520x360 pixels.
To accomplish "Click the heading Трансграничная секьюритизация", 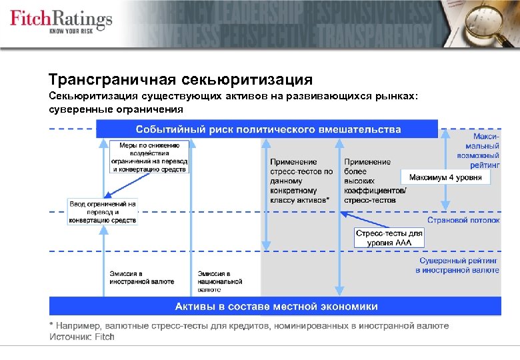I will tap(181, 80).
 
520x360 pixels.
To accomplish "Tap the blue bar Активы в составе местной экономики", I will tap(275, 307).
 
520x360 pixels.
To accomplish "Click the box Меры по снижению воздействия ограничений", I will tap(150, 157).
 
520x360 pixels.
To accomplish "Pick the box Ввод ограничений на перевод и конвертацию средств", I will tap(103, 212).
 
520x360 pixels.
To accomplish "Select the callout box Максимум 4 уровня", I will tap(445, 177).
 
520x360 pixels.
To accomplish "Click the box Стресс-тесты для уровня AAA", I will tap(389, 238).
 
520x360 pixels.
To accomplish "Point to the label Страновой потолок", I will tap(463, 219).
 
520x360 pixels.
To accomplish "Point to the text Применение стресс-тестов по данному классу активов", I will tap(301, 181).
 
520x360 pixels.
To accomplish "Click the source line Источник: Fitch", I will tap(82, 337).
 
